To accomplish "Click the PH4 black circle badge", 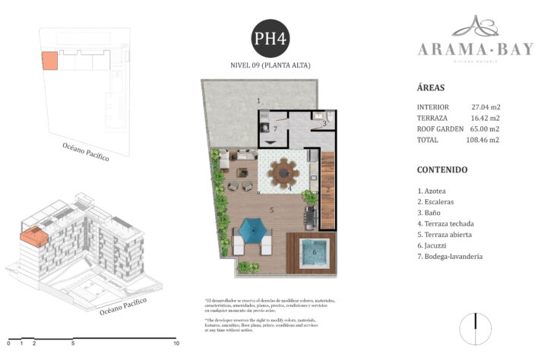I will [x=270, y=38].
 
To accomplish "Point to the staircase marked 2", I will [x=328, y=190].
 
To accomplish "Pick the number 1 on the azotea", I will [x=258, y=101].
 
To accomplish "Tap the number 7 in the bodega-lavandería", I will [x=275, y=128].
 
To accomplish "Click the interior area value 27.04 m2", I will [x=485, y=107].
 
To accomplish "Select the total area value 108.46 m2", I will [x=483, y=140].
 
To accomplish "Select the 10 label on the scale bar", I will [x=176, y=343].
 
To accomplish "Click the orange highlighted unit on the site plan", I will [x=49, y=61].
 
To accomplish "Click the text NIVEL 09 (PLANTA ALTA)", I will [x=270, y=65].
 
